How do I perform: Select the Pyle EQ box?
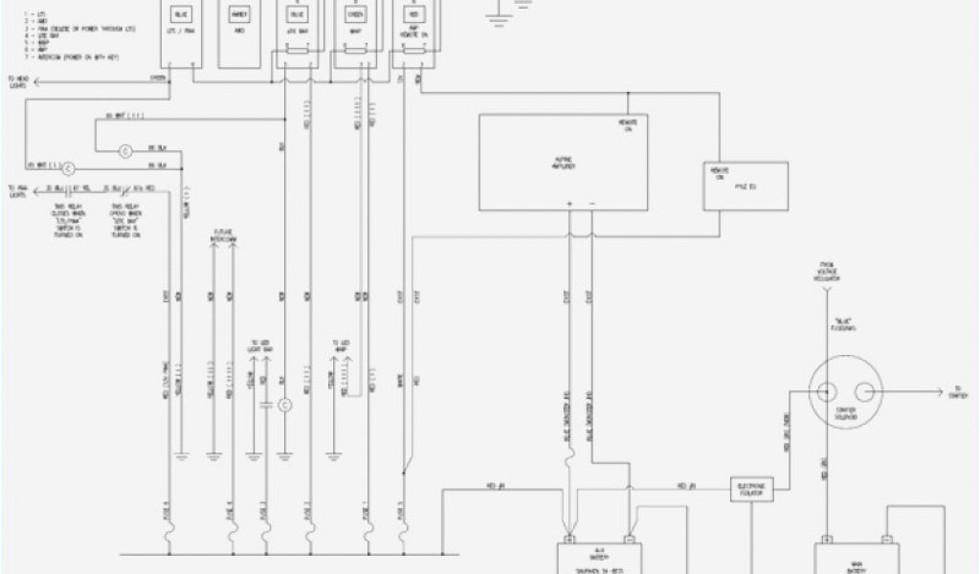pos(746,186)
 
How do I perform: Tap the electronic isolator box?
pos(750,488)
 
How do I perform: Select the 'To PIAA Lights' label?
pos(17,190)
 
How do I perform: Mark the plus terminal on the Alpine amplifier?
pos(569,204)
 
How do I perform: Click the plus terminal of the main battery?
pos(826,538)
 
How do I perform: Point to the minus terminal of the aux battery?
pos(630,538)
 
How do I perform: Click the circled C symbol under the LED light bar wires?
pos(284,406)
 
